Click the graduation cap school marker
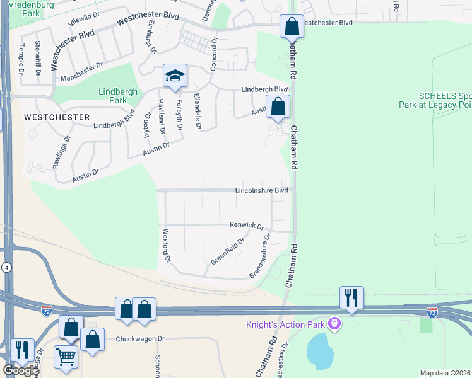pyautogui.click(x=175, y=76)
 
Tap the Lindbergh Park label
pyautogui.click(x=113, y=96)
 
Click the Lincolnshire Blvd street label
pyautogui.click(x=261, y=190)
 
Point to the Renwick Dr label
pyautogui.click(x=246, y=225)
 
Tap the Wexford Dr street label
pyautogui.click(x=167, y=246)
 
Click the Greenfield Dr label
pyautogui.click(x=228, y=251)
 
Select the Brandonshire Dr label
pyautogui.click(x=259, y=256)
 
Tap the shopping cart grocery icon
pyautogui.click(x=66, y=357)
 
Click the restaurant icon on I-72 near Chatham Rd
pyautogui.click(x=351, y=297)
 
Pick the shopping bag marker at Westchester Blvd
pyautogui.click(x=292, y=27)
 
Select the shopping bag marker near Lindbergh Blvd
pyautogui.click(x=278, y=107)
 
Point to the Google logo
pyautogui.click(x=20, y=370)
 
